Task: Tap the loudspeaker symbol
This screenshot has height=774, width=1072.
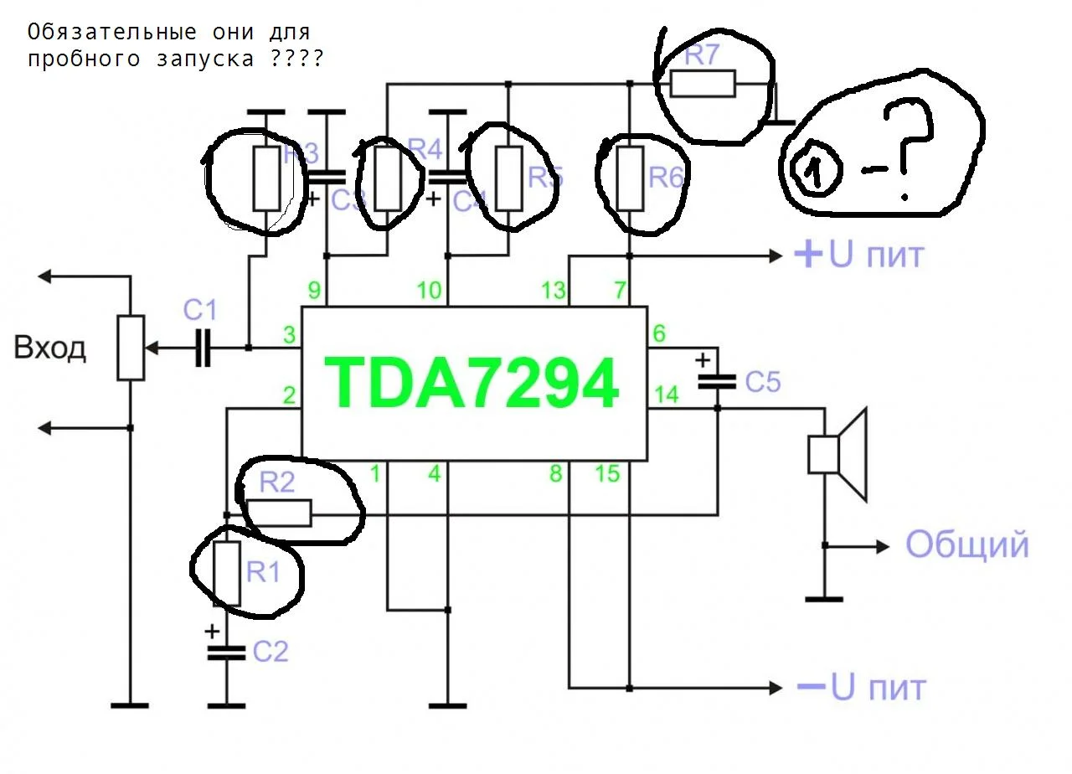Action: (x=836, y=453)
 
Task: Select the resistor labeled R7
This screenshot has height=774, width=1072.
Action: (x=703, y=84)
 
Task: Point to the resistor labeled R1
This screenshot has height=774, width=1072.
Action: (x=228, y=573)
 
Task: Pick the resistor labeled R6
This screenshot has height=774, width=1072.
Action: (x=631, y=178)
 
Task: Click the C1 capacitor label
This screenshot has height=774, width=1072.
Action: (x=200, y=312)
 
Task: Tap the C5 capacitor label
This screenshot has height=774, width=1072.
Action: (x=762, y=383)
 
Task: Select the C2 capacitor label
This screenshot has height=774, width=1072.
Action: (x=270, y=652)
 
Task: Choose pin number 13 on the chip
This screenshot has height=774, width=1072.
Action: (x=553, y=292)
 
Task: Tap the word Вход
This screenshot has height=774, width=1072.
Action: (x=50, y=348)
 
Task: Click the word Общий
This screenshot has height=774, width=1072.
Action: (x=966, y=545)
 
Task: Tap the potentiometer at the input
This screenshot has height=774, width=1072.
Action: (x=131, y=348)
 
